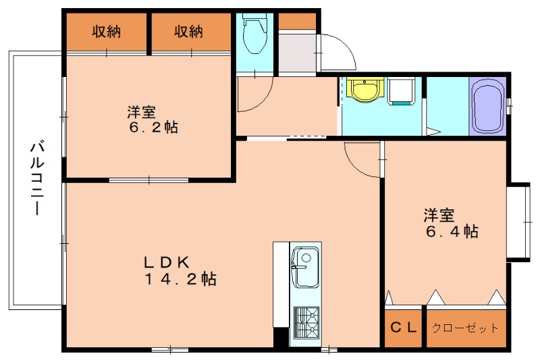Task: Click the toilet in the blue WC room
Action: [255, 36]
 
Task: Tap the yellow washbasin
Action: [366, 91]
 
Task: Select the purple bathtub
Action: [488, 107]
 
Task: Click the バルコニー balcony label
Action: [38, 178]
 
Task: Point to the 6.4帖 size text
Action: [451, 232]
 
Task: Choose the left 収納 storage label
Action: [107, 31]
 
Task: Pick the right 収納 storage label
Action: [189, 31]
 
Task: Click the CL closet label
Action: [404, 328]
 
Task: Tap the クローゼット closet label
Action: [466, 328]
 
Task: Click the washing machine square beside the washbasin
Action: [401, 91]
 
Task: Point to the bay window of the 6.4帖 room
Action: [519, 221]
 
